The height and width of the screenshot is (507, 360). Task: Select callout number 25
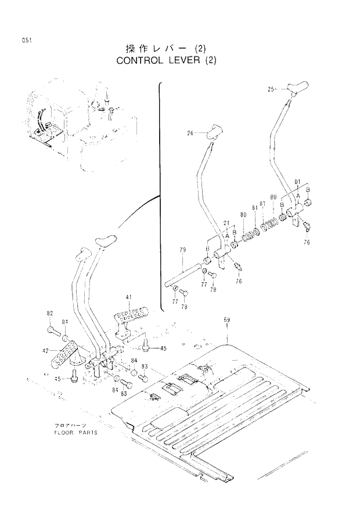pos(272,89)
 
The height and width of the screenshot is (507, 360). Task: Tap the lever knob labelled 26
pos(213,131)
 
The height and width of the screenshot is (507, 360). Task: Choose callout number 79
pos(182,250)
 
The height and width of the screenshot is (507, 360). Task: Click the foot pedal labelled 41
pos(129,317)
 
